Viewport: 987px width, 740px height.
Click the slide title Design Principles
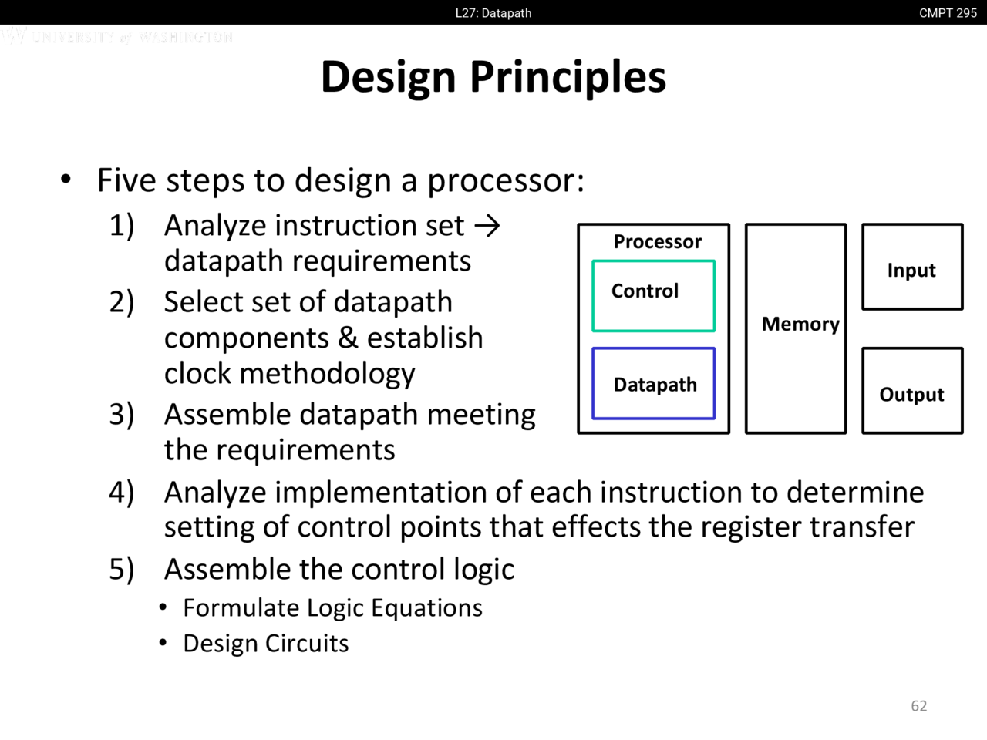(x=493, y=76)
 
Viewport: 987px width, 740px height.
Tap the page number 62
(x=918, y=706)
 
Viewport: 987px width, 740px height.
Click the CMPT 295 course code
(x=947, y=13)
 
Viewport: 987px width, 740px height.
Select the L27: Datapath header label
(x=493, y=13)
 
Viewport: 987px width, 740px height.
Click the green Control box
(x=653, y=296)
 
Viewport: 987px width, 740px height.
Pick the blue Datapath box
(x=653, y=384)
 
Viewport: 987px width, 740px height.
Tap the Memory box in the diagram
(x=796, y=328)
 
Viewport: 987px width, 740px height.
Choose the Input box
(x=911, y=267)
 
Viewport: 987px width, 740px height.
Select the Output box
(x=911, y=391)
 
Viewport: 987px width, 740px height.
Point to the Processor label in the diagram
(x=657, y=242)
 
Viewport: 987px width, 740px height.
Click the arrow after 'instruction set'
(x=487, y=226)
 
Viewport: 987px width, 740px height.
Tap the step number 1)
(x=122, y=226)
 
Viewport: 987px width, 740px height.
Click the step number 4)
(x=122, y=493)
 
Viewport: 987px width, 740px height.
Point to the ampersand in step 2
(x=348, y=338)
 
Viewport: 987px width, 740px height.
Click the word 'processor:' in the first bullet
(x=506, y=181)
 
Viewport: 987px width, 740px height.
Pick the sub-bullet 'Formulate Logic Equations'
(x=332, y=608)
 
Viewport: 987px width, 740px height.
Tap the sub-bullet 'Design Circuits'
(x=265, y=644)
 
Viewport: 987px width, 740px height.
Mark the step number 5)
(x=122, y=570)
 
